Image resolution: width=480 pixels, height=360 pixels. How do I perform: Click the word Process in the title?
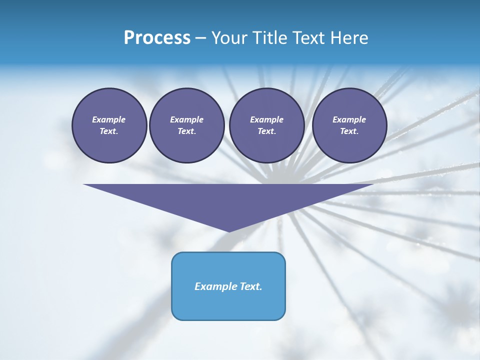coord(157,38)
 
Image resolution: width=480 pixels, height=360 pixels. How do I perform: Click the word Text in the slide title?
coord(309,38)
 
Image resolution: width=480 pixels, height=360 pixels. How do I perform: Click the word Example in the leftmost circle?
coord(109,119)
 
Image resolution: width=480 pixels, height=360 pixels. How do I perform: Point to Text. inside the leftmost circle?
coord(109,131)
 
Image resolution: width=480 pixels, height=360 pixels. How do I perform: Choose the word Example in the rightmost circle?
coord(349,119)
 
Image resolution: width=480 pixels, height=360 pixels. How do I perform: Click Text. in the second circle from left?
coord(186,131)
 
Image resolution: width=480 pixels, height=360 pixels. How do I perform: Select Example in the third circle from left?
coord(266,119)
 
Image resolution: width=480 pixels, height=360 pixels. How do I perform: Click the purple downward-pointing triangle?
coord(228,200)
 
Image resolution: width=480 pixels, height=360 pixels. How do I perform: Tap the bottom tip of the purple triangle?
coord(228,230)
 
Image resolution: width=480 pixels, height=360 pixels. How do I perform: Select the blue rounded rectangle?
coord(228,305)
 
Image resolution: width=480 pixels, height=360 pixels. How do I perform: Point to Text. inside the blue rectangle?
coord(250,286)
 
